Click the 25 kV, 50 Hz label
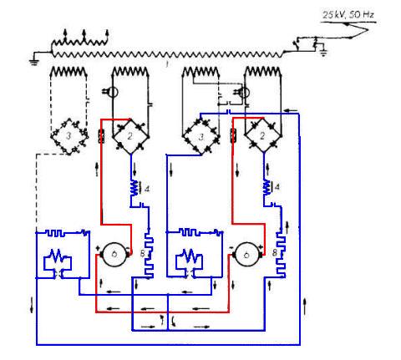tap(348, 14)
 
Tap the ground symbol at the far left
tap(34, 62)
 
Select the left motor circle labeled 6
tap(114, 254)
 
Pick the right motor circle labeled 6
tap(246, 254)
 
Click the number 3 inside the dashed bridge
tap(69, 136)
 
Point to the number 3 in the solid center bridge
tap(200, 137)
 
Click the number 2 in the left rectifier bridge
tap(129, 136)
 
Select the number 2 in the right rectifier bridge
tap(262, 136)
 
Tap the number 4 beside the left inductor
tap(147, 189)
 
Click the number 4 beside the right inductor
tap(277, 187)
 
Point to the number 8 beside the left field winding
tap(142, 254)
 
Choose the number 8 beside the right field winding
tap(275, 253)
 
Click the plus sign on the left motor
tap(98, 247)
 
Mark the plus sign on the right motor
tap(261, 247)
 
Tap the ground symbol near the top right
tap(323, 52)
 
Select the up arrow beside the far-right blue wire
tap(305, 306)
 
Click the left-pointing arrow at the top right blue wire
tap(291, 110)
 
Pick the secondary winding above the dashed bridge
tap(69, 72)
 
